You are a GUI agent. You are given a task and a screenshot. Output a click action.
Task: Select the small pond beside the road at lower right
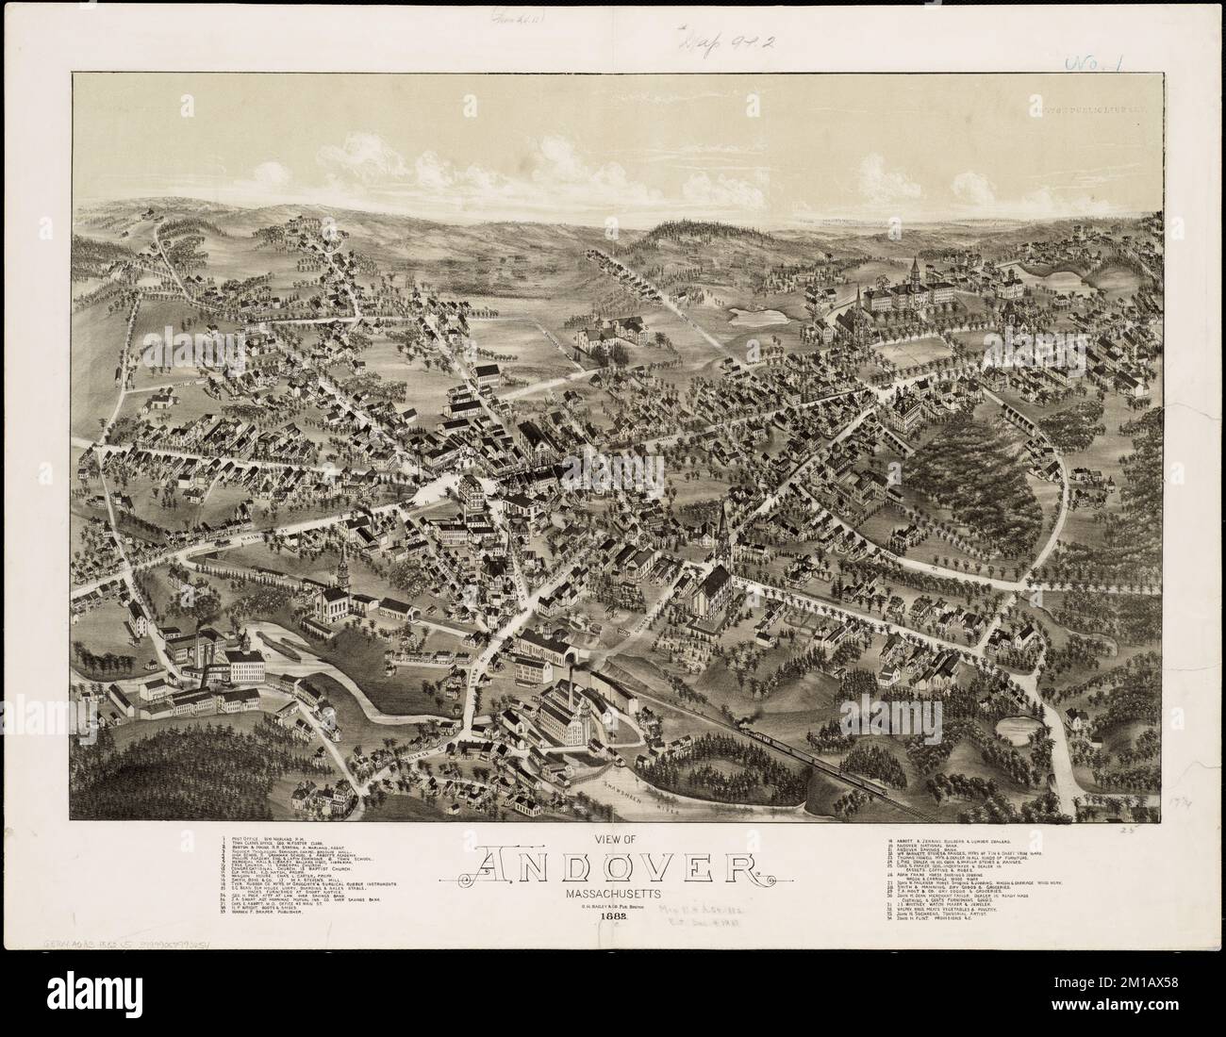click(x=1016, y=726)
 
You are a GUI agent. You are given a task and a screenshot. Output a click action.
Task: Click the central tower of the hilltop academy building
click(x=914, y=273)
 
